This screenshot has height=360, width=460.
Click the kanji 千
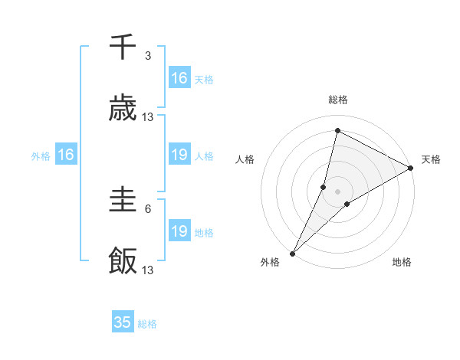(x=123, y=47)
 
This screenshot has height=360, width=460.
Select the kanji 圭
(x=123, y=201)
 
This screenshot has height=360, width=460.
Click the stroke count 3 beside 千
(x=148, y=56)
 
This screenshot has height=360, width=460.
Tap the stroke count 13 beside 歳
(x=148, y=117)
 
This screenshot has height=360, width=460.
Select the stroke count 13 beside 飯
(x=148, y=270)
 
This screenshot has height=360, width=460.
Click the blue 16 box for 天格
(x=179, y=78)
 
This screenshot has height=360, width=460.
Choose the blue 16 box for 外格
(x=65, y=155)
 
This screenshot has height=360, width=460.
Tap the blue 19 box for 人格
(x=179, y=155)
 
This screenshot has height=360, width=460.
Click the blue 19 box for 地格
(x=179, y=231)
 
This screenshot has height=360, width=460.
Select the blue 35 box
(x=123, y=322)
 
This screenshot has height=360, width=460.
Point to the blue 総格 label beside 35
(x=147, y=324)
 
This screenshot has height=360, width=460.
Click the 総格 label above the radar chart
(x=338, y=100)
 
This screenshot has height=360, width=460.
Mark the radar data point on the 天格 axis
(x=411, y=168)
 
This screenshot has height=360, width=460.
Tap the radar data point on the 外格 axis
(x=293, y=252)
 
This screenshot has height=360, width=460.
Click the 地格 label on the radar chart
(x=402, y=263)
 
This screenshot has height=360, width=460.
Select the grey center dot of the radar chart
(x=338, y=191)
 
